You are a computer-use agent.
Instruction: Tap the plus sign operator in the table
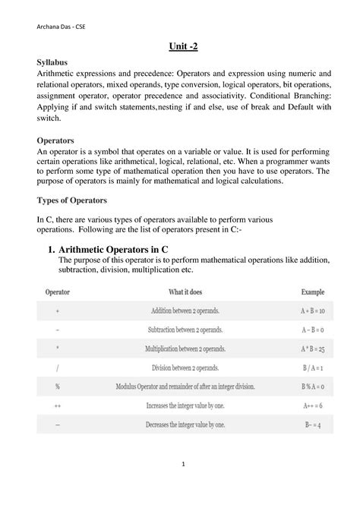pyautogui.click(x=58, y=311)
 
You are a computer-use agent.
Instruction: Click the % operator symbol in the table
pyautogui.click(x=58, y=387)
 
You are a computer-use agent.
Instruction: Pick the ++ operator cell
pyautogui.click(x=58, y=405)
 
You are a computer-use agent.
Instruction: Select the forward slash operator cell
pyautogui.click(x=58, y=368)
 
